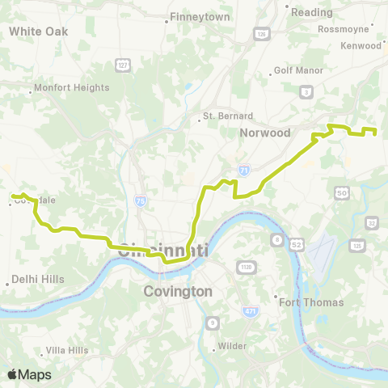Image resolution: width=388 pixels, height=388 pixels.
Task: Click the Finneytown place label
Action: tap(199, 17)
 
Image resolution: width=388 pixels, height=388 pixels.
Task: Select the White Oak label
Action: tap(38, 31)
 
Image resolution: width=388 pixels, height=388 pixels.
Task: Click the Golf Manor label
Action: tap(298, 70)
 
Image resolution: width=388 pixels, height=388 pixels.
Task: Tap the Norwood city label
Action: tap(265, 133)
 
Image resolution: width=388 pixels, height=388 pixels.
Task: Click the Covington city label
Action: tap(177, 291)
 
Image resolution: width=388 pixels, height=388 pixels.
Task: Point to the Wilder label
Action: tap(231, 348)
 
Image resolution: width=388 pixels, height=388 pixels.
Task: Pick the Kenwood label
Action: tap(361, 45)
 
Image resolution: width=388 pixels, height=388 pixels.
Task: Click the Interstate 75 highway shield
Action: tap(141, 201)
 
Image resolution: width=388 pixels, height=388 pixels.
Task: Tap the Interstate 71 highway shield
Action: tap(243, 170)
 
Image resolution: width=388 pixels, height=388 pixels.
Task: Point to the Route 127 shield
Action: tap(123, 65)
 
